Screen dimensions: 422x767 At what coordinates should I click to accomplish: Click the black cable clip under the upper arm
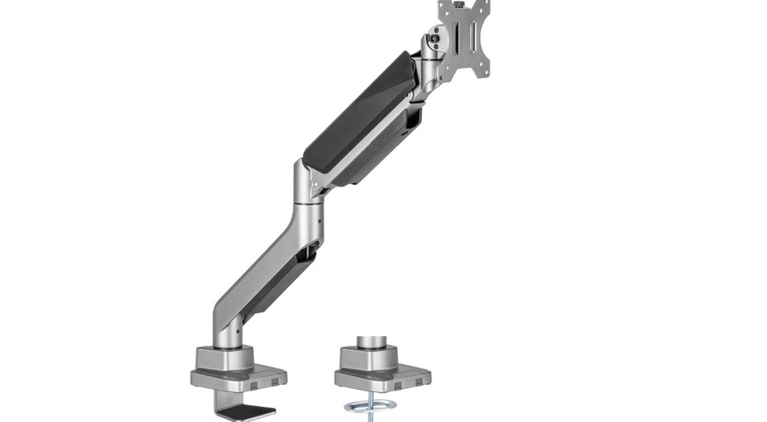(x=415, y=117)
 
